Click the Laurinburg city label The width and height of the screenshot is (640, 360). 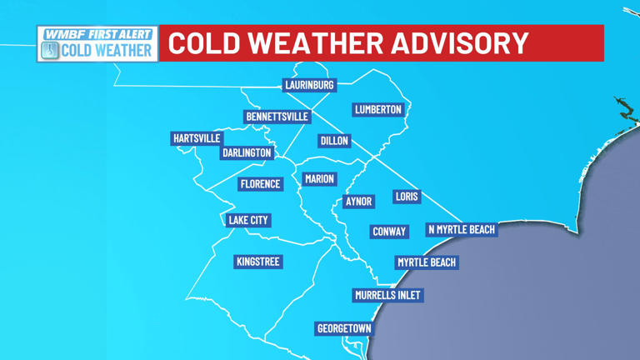(309, 85)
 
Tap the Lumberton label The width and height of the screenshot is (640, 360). (377, 110)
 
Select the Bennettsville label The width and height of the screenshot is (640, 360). (277, 117)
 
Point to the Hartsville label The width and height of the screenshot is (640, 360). (197, 138)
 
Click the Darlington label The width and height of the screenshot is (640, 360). (247, 153)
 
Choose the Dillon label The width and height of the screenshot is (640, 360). (334, 141)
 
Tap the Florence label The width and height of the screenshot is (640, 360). (261, 184)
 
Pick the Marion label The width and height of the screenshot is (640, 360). (319, 179)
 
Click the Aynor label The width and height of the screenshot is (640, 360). (359, 202)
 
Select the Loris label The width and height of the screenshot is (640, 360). (407, 197)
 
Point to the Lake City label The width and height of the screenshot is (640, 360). (248, 221)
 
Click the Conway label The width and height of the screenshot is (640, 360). (389, 232)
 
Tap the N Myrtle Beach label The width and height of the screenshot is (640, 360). (461, 230)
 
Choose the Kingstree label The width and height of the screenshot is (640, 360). (257, 262)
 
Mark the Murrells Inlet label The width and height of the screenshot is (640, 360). (387, 295)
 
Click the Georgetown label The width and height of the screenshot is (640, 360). (344, 328)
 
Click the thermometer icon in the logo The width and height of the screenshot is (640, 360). (50, 51)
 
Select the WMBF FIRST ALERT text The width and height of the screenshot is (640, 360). (98, 34)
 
